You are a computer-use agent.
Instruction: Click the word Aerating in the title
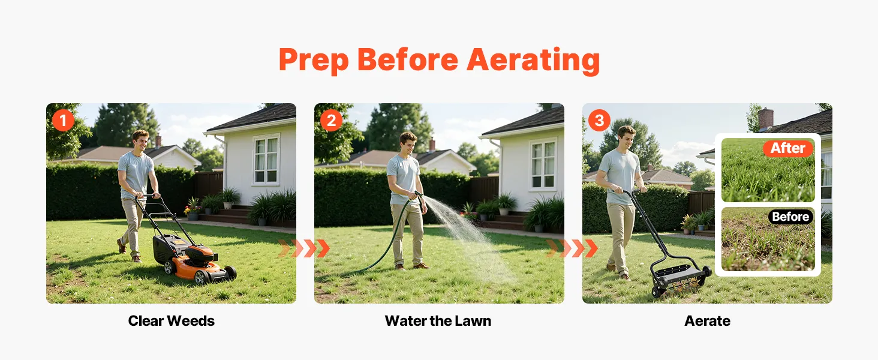click(533, 60)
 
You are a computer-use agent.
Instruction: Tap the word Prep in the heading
click(314, 61)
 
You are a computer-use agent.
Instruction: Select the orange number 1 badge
click(63, 120)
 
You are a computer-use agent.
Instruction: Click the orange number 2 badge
click(331, 120)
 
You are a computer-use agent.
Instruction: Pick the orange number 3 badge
click(599, 120)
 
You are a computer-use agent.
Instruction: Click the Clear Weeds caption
click(172, 321)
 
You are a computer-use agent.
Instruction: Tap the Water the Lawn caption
click(438, 321)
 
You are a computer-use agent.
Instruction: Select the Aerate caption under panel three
click(708, 321)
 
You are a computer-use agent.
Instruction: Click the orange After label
click(788, 148)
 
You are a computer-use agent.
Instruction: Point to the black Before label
click(790, 217)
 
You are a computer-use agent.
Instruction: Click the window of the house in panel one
click(266, 160)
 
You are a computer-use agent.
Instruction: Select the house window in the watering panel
click(543, 165)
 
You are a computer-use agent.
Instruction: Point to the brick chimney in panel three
click(766, 119)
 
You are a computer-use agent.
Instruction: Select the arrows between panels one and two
click(304, 248)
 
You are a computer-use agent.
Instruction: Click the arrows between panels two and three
click(572, 248)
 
